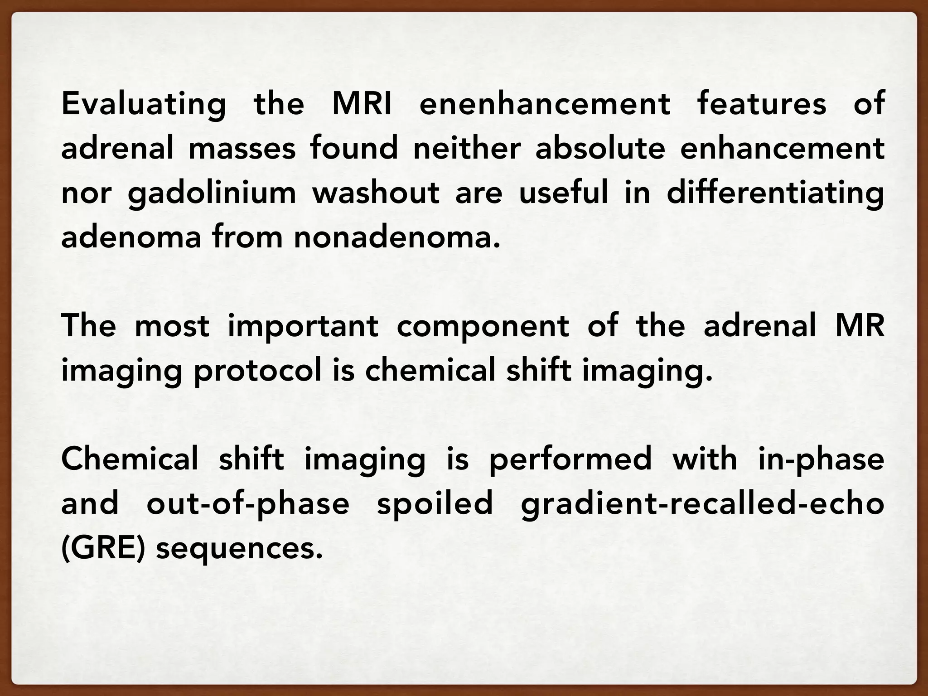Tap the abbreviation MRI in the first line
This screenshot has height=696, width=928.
click(362, 103)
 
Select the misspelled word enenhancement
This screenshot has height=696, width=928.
click(545, 103)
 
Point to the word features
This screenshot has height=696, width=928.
click(762, 103)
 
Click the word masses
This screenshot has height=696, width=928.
click(242, 148)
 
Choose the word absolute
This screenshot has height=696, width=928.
click(600, 148)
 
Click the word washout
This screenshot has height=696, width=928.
click(376, 193)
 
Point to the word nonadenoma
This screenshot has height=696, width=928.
click(396, 237)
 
